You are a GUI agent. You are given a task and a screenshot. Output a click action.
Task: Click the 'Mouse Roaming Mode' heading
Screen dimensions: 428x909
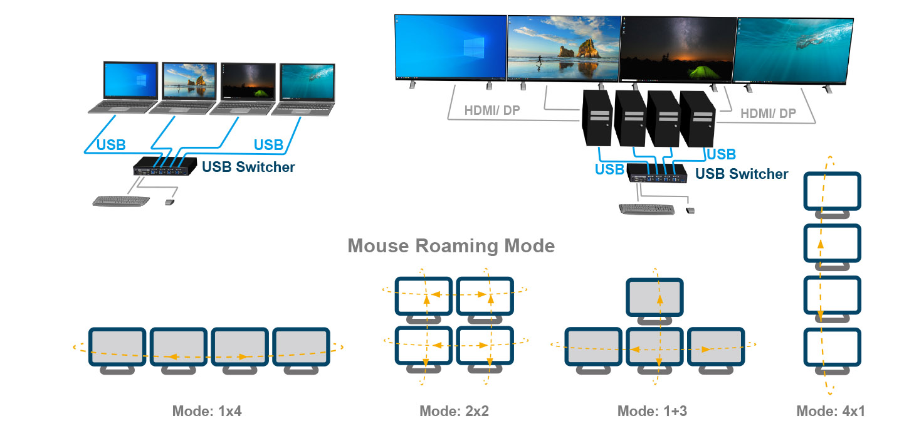point(451,245)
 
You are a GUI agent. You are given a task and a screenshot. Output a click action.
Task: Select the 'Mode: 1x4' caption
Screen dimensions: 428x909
point(207,412)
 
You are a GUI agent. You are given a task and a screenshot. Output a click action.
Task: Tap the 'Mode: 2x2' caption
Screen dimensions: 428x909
point(454,412)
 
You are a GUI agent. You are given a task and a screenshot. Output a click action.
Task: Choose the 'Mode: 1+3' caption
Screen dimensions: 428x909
point(652,412)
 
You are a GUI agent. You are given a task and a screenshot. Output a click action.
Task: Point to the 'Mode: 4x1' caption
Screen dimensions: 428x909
point(831,412)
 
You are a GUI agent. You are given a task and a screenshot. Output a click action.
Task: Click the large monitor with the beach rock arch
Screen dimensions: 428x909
point(563,47)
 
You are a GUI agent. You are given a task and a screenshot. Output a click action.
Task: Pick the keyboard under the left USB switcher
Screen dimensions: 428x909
point(121,201)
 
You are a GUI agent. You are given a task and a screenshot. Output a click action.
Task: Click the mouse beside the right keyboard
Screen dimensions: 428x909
point(690,210)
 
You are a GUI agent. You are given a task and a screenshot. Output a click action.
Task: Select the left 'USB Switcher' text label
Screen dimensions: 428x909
point(248,168)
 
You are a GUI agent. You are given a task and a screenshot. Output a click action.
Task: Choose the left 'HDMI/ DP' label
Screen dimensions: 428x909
point(492,110)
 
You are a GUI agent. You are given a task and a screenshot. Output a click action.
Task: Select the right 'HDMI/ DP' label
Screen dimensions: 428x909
point(768,114)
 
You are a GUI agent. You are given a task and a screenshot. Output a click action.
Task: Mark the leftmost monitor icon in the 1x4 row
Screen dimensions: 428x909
point(117,347)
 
